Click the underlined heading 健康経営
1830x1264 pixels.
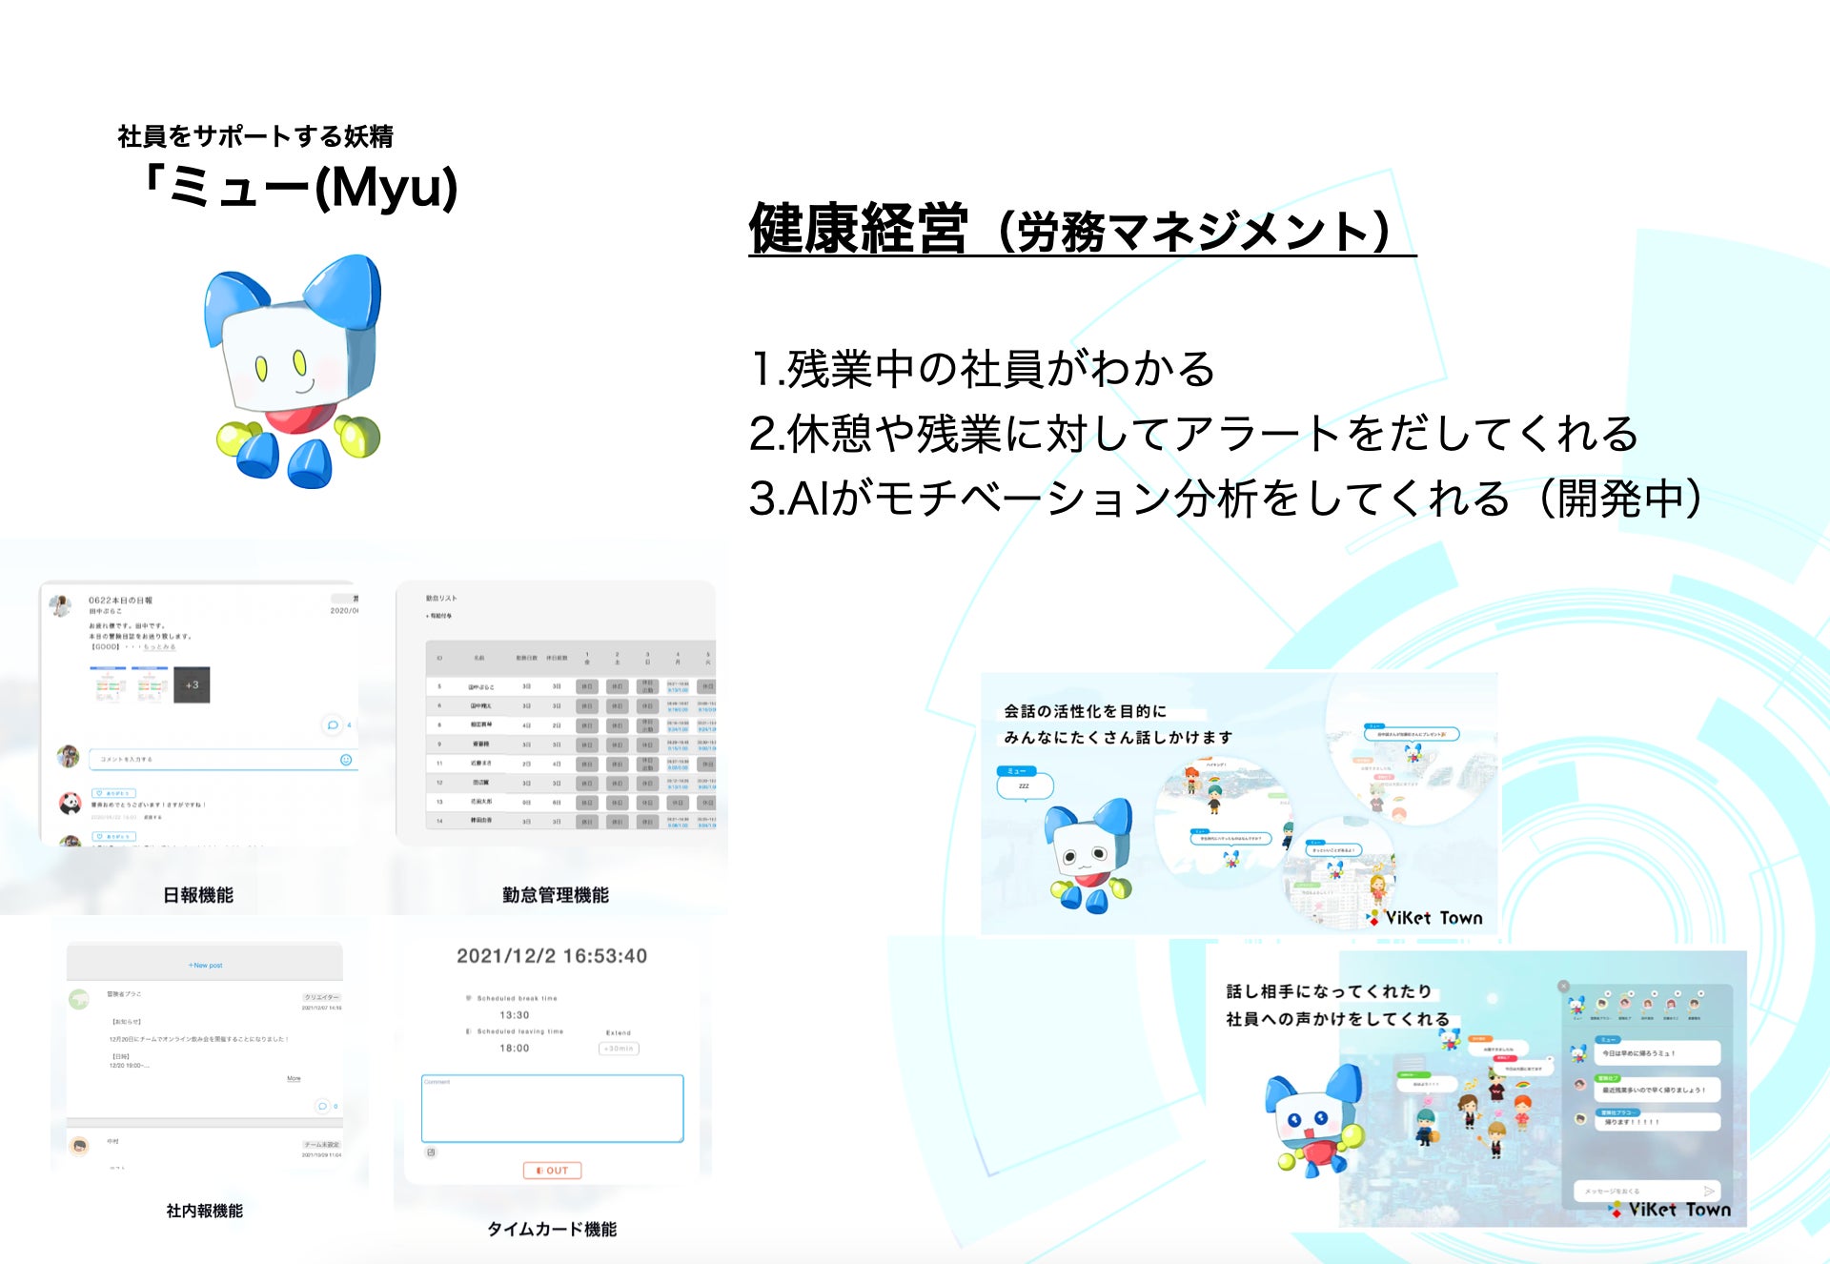point(858,229)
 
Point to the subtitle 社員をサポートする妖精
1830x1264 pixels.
point(255,136)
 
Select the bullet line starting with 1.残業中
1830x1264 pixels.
point(982,369)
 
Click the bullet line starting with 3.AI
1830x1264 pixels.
point(1225,498)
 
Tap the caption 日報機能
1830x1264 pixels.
point(198,894)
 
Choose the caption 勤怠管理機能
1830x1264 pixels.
point(555,894)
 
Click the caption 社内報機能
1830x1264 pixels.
point(204,1211)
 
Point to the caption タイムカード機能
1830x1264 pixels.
point(552,1229)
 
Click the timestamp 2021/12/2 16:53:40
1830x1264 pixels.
point(551,956)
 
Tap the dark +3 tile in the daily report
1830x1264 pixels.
point(192,684)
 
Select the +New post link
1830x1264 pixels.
point(205,966)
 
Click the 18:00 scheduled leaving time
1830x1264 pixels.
point(515,1049)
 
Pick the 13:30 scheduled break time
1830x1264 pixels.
point(515,1015)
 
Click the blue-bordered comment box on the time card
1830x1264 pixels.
point(552,1109)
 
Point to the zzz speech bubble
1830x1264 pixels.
point(1025,786)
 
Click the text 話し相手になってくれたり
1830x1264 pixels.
point(1329,991)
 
